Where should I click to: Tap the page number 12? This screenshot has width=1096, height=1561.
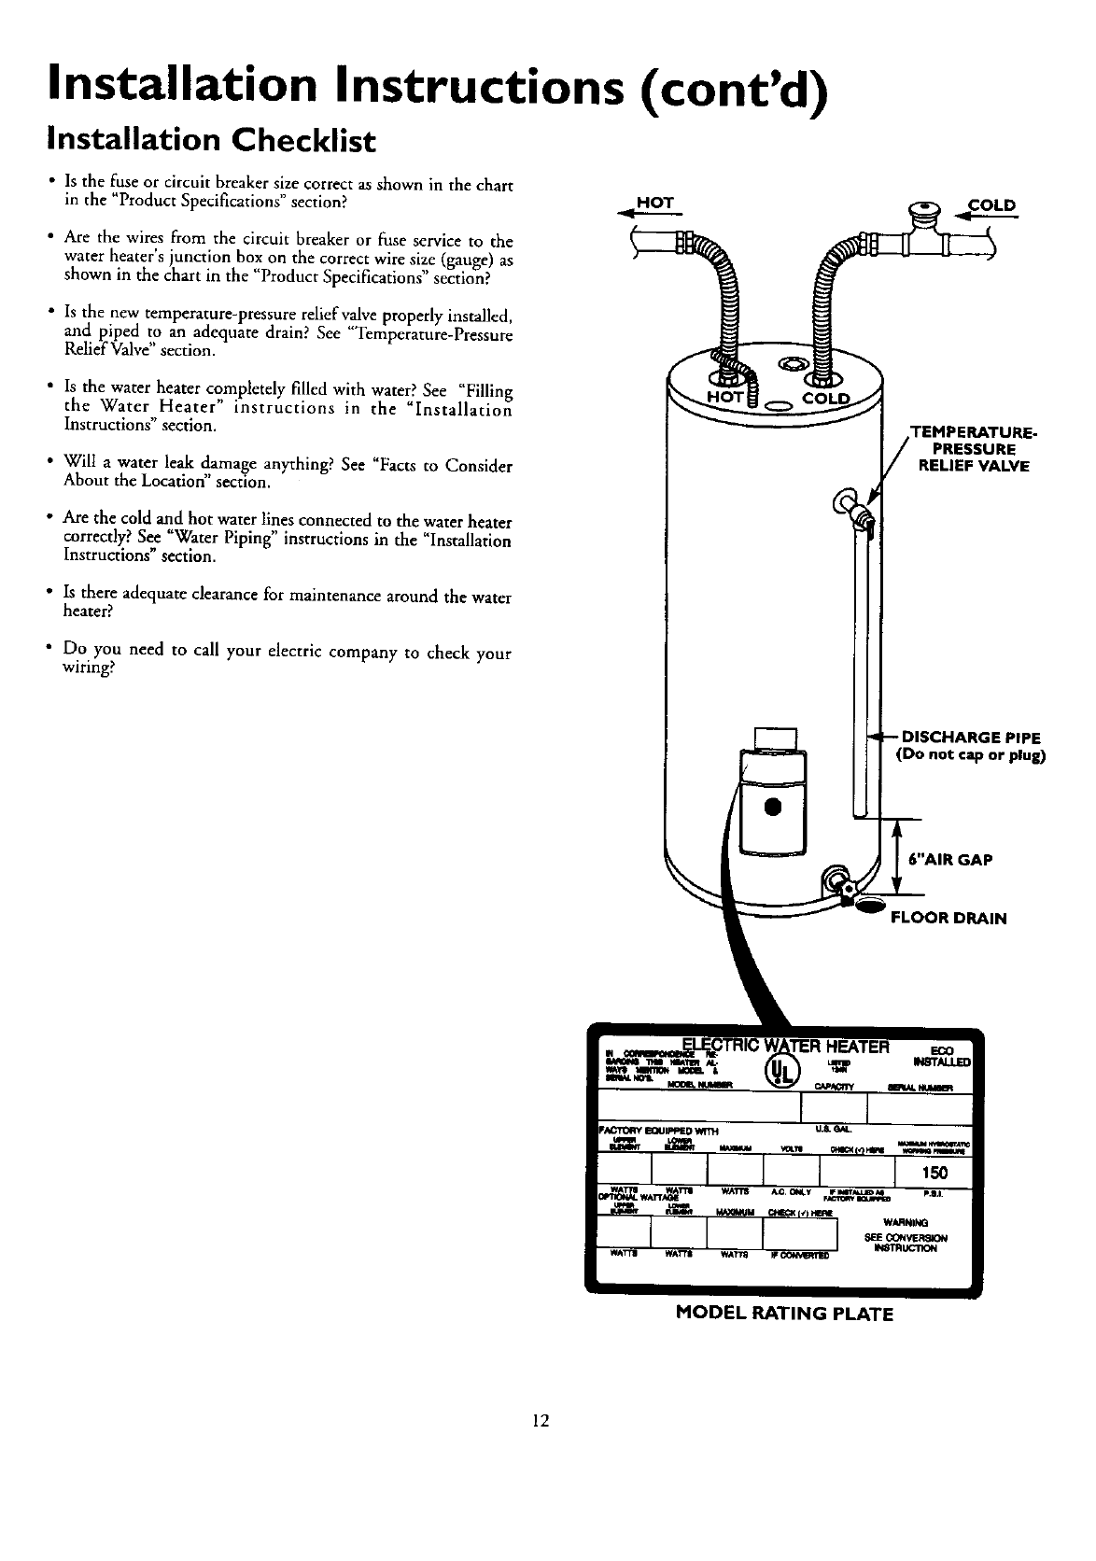pyautogui.click(x=539, y=1421)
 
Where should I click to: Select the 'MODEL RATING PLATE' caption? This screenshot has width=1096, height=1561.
pyautogui.click(x=783, y=1314)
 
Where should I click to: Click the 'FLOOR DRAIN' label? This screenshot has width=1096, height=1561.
pyautogui.click(x=948, y=918)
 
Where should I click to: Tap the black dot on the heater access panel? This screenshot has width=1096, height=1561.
pyautogui.click(x=772, y=806)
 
